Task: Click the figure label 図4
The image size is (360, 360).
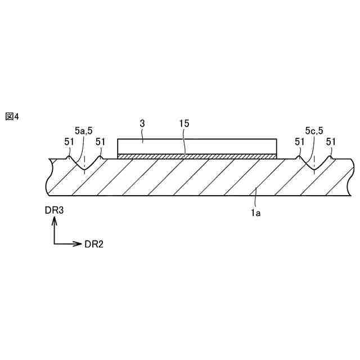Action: pos(12,116)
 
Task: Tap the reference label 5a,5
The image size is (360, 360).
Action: pos(84,130)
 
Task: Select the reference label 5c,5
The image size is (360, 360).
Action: pos(313,130)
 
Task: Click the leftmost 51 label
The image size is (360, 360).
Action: pos(69,142)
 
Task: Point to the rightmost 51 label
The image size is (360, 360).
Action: pos(331,142)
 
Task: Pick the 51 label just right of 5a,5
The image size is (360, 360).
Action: pos(101,142)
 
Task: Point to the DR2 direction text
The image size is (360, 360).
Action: pos(94,244)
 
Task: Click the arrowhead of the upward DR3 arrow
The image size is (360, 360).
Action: pos(55,221)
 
